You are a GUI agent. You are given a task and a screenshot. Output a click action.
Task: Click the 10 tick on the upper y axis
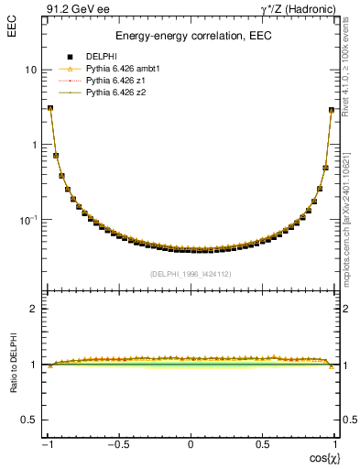pyautogui.click(x=30, y=71)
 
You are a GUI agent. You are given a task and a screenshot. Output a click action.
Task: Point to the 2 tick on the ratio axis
pyautogui.click(x=34, y=309)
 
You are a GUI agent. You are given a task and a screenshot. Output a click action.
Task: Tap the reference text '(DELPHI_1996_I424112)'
pyautogui.click(x=191, y=274)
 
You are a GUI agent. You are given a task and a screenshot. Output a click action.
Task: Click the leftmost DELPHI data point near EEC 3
pyautogui.click(x=50, y=108)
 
